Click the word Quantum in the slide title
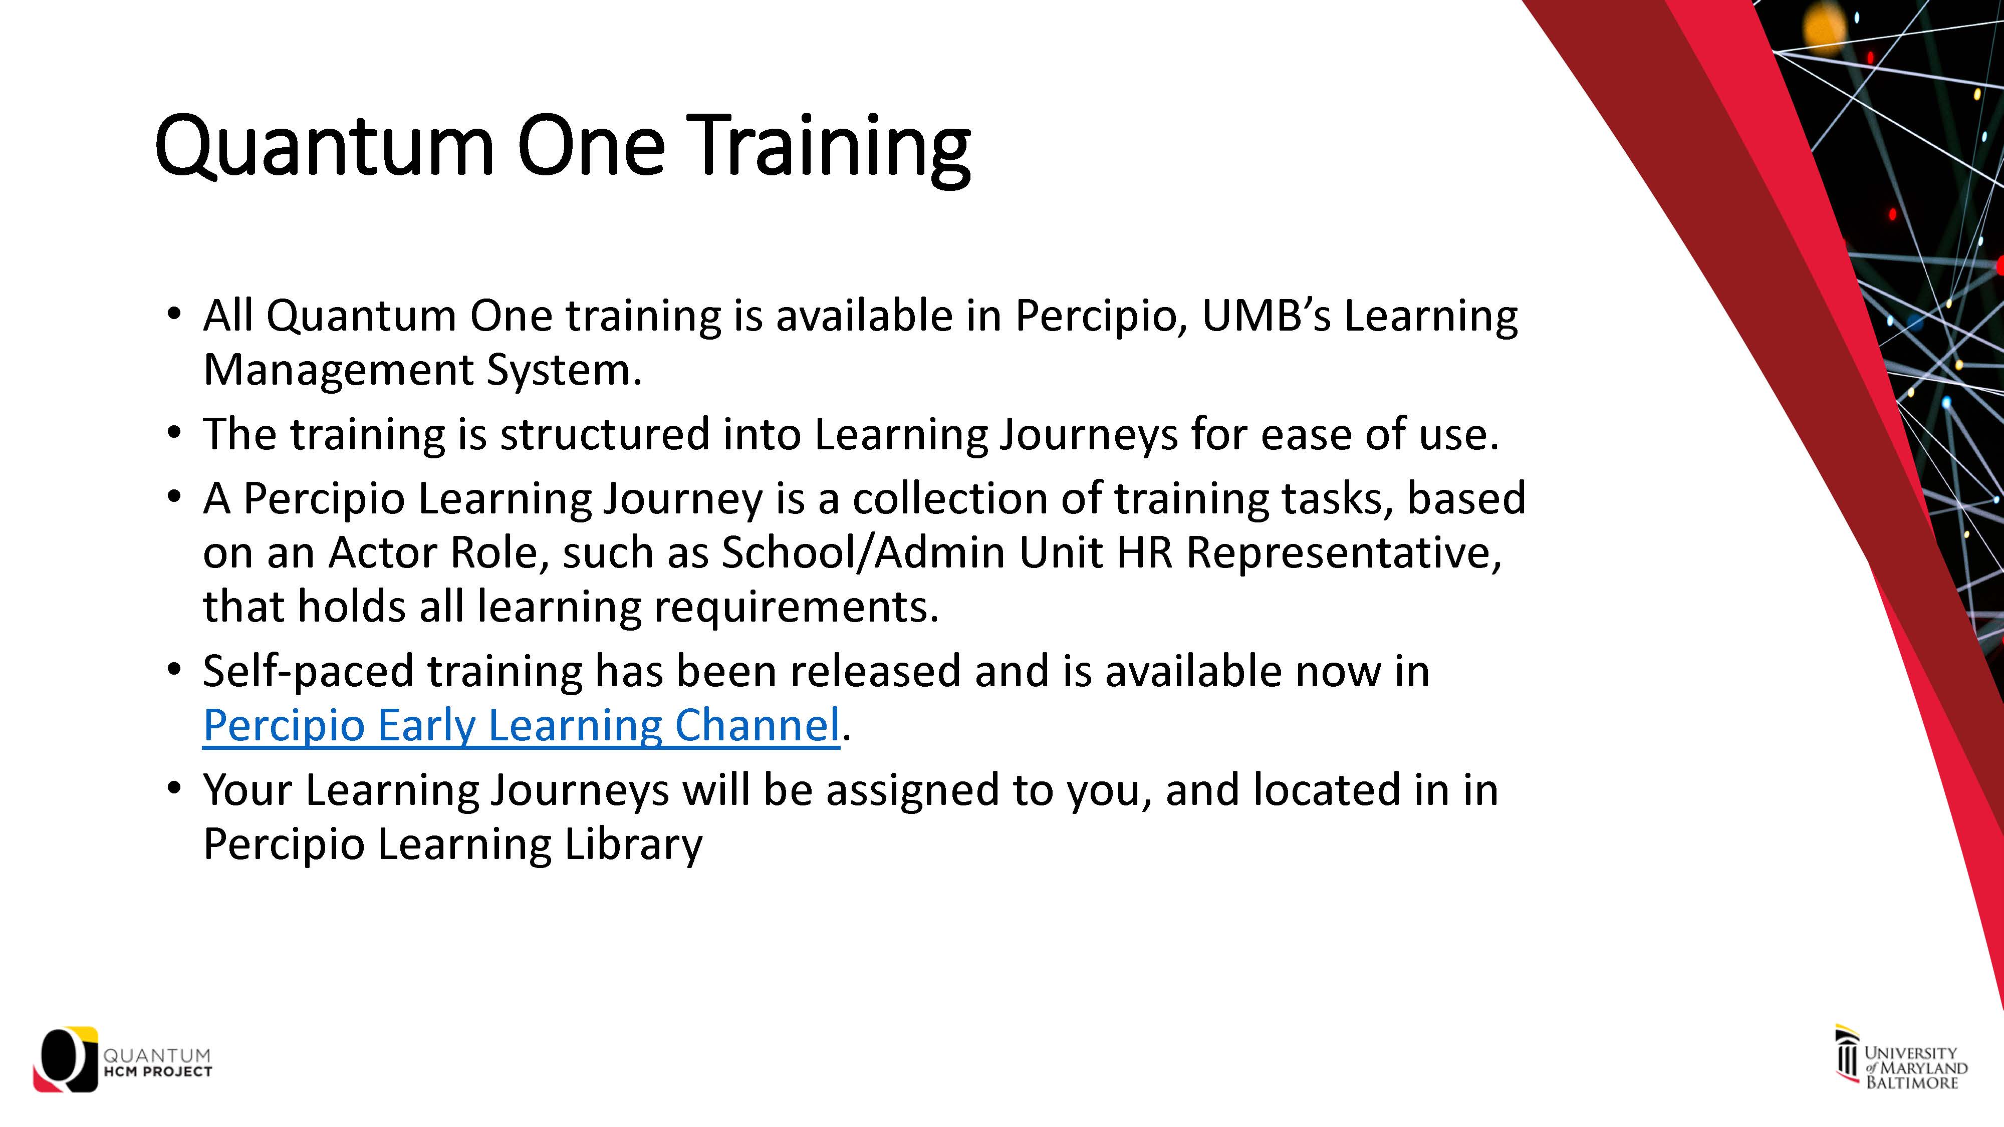325,146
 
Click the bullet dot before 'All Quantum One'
174,315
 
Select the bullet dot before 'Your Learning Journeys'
174,789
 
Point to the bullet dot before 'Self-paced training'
174,671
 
